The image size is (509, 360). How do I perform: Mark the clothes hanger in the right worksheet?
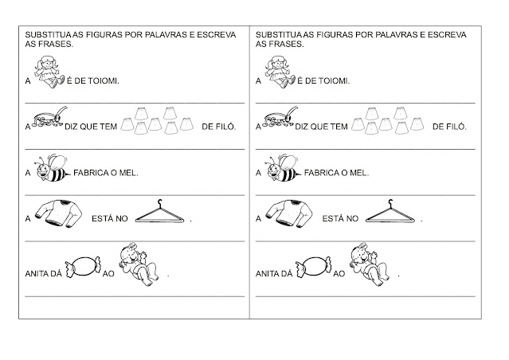pyautogui.click(x=391, y=213)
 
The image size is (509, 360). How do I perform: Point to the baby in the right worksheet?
pyautogui.click(x=368, y=266)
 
